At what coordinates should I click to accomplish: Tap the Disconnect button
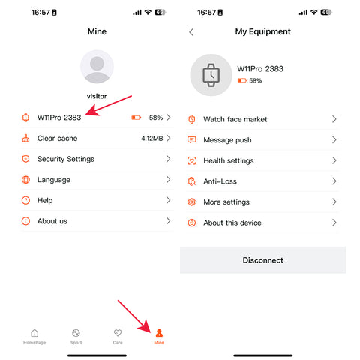(x=262, y=260)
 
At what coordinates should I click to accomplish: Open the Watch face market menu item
(x=235, y=119)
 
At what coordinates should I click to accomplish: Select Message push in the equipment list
(x=227, y=140)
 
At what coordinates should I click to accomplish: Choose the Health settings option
(x=229, y=160)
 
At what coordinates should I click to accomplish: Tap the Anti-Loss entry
(x=220, y=181)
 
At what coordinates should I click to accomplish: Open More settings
(x=226, y=202)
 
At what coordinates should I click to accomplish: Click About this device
(x=232, y=223)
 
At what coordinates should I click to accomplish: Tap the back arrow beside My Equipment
(x=191, y=32)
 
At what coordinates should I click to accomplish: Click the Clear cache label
(x=57, y=138)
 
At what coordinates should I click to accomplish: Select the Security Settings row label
(x=66, y=159)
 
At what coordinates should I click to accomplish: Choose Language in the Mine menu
(x=54, y=180)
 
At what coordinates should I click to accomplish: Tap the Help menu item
(x=45, y=200)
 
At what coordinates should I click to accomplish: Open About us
(x=52, y=221)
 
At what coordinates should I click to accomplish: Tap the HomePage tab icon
(x=34, y=333)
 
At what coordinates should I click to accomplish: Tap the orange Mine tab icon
(x=159, y=333)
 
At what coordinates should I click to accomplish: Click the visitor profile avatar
(x=97, y=67)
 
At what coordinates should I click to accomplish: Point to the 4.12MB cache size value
(x=152, y=138)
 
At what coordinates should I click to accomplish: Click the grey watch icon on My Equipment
(x=211, y=75)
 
